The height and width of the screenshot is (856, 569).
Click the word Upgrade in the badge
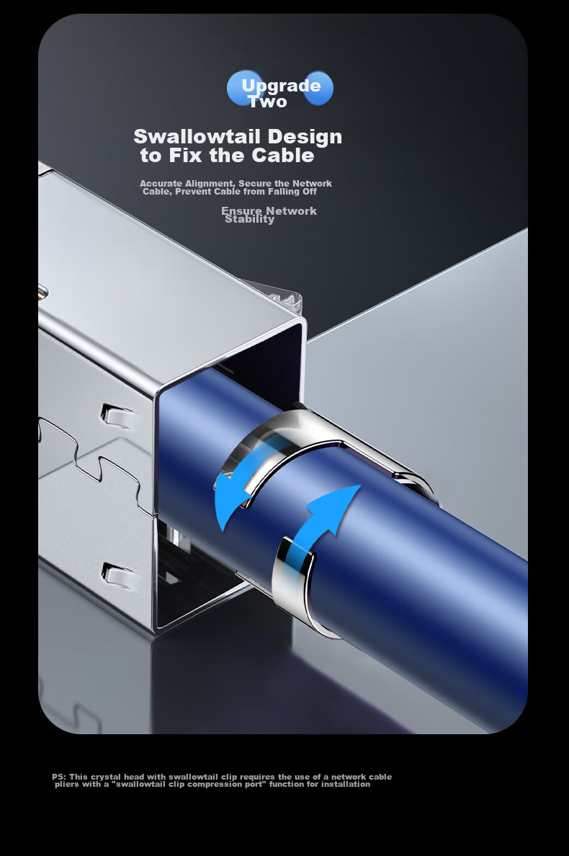click(x=281, y=86)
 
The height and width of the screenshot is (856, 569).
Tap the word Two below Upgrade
click(x=268, y=102)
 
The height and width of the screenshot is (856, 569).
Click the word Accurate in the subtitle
click(x=161, y=184)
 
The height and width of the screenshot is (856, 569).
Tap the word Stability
click(x=250, y=220)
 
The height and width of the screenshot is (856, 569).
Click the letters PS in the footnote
click(x=58, y=776)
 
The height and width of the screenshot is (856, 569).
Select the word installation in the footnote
click(x=346, y=784)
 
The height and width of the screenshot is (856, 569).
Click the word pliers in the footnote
click(x=66, y=785)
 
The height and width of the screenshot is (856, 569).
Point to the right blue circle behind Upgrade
click(x=318, y=88)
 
